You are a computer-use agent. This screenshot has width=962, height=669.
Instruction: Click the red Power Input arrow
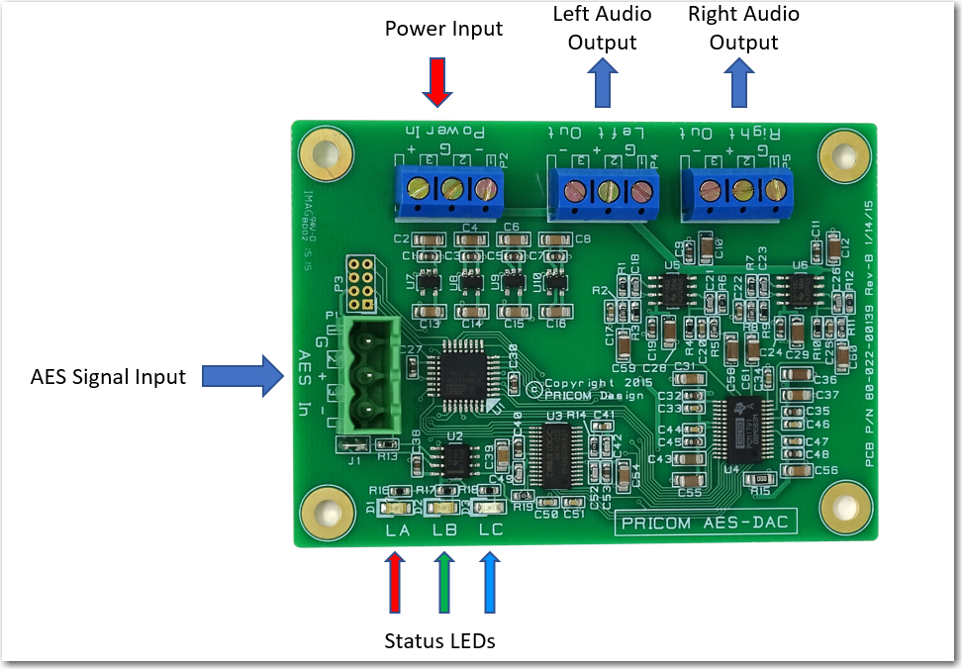point(436,82)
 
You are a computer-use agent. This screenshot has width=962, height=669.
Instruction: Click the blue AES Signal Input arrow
point(236,376)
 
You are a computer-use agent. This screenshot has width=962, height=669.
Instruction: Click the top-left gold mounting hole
point(322,155)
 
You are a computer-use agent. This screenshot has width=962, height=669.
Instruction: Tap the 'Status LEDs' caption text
point(439,641)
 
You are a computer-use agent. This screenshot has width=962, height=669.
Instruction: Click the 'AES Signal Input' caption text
point(108,376)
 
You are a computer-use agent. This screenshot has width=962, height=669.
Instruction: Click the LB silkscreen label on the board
point(444,530)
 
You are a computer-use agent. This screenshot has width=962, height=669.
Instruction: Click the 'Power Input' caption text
point(443,29)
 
